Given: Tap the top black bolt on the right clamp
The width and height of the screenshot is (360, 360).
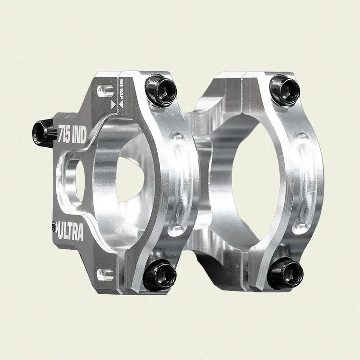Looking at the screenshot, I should (285, 89).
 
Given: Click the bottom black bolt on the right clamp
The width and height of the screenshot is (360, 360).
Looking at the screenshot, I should (285, 274).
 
